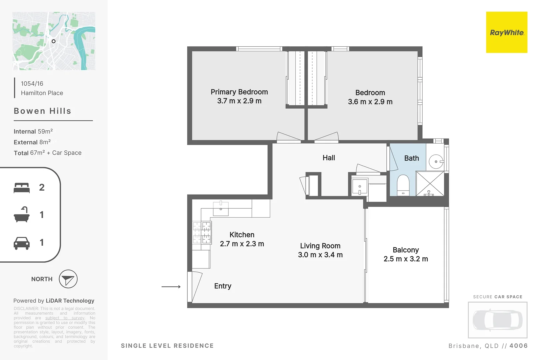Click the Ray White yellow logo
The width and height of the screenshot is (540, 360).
506,32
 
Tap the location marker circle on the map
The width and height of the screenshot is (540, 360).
53,41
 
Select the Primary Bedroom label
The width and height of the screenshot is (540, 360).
239,92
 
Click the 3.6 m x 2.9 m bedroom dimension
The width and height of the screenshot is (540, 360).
370,102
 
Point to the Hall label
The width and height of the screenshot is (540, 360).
329,158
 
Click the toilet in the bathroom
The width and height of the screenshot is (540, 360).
403,185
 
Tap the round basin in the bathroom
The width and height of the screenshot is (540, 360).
436,162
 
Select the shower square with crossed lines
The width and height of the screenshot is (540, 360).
430,183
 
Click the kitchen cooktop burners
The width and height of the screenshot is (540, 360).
202,233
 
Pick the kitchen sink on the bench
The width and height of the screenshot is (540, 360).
221,209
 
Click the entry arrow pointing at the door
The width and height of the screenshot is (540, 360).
171,287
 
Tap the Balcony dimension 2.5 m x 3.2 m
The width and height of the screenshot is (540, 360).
406,259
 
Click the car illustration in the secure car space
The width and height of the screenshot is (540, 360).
497,320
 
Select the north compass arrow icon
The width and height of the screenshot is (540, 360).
68,279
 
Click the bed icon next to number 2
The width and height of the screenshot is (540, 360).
22,188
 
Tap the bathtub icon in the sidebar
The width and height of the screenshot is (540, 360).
22,215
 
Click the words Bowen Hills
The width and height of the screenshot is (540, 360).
42,111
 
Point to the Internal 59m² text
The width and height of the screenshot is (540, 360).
33,131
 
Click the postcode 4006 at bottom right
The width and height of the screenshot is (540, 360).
518,346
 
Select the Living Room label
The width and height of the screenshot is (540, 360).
320,246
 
